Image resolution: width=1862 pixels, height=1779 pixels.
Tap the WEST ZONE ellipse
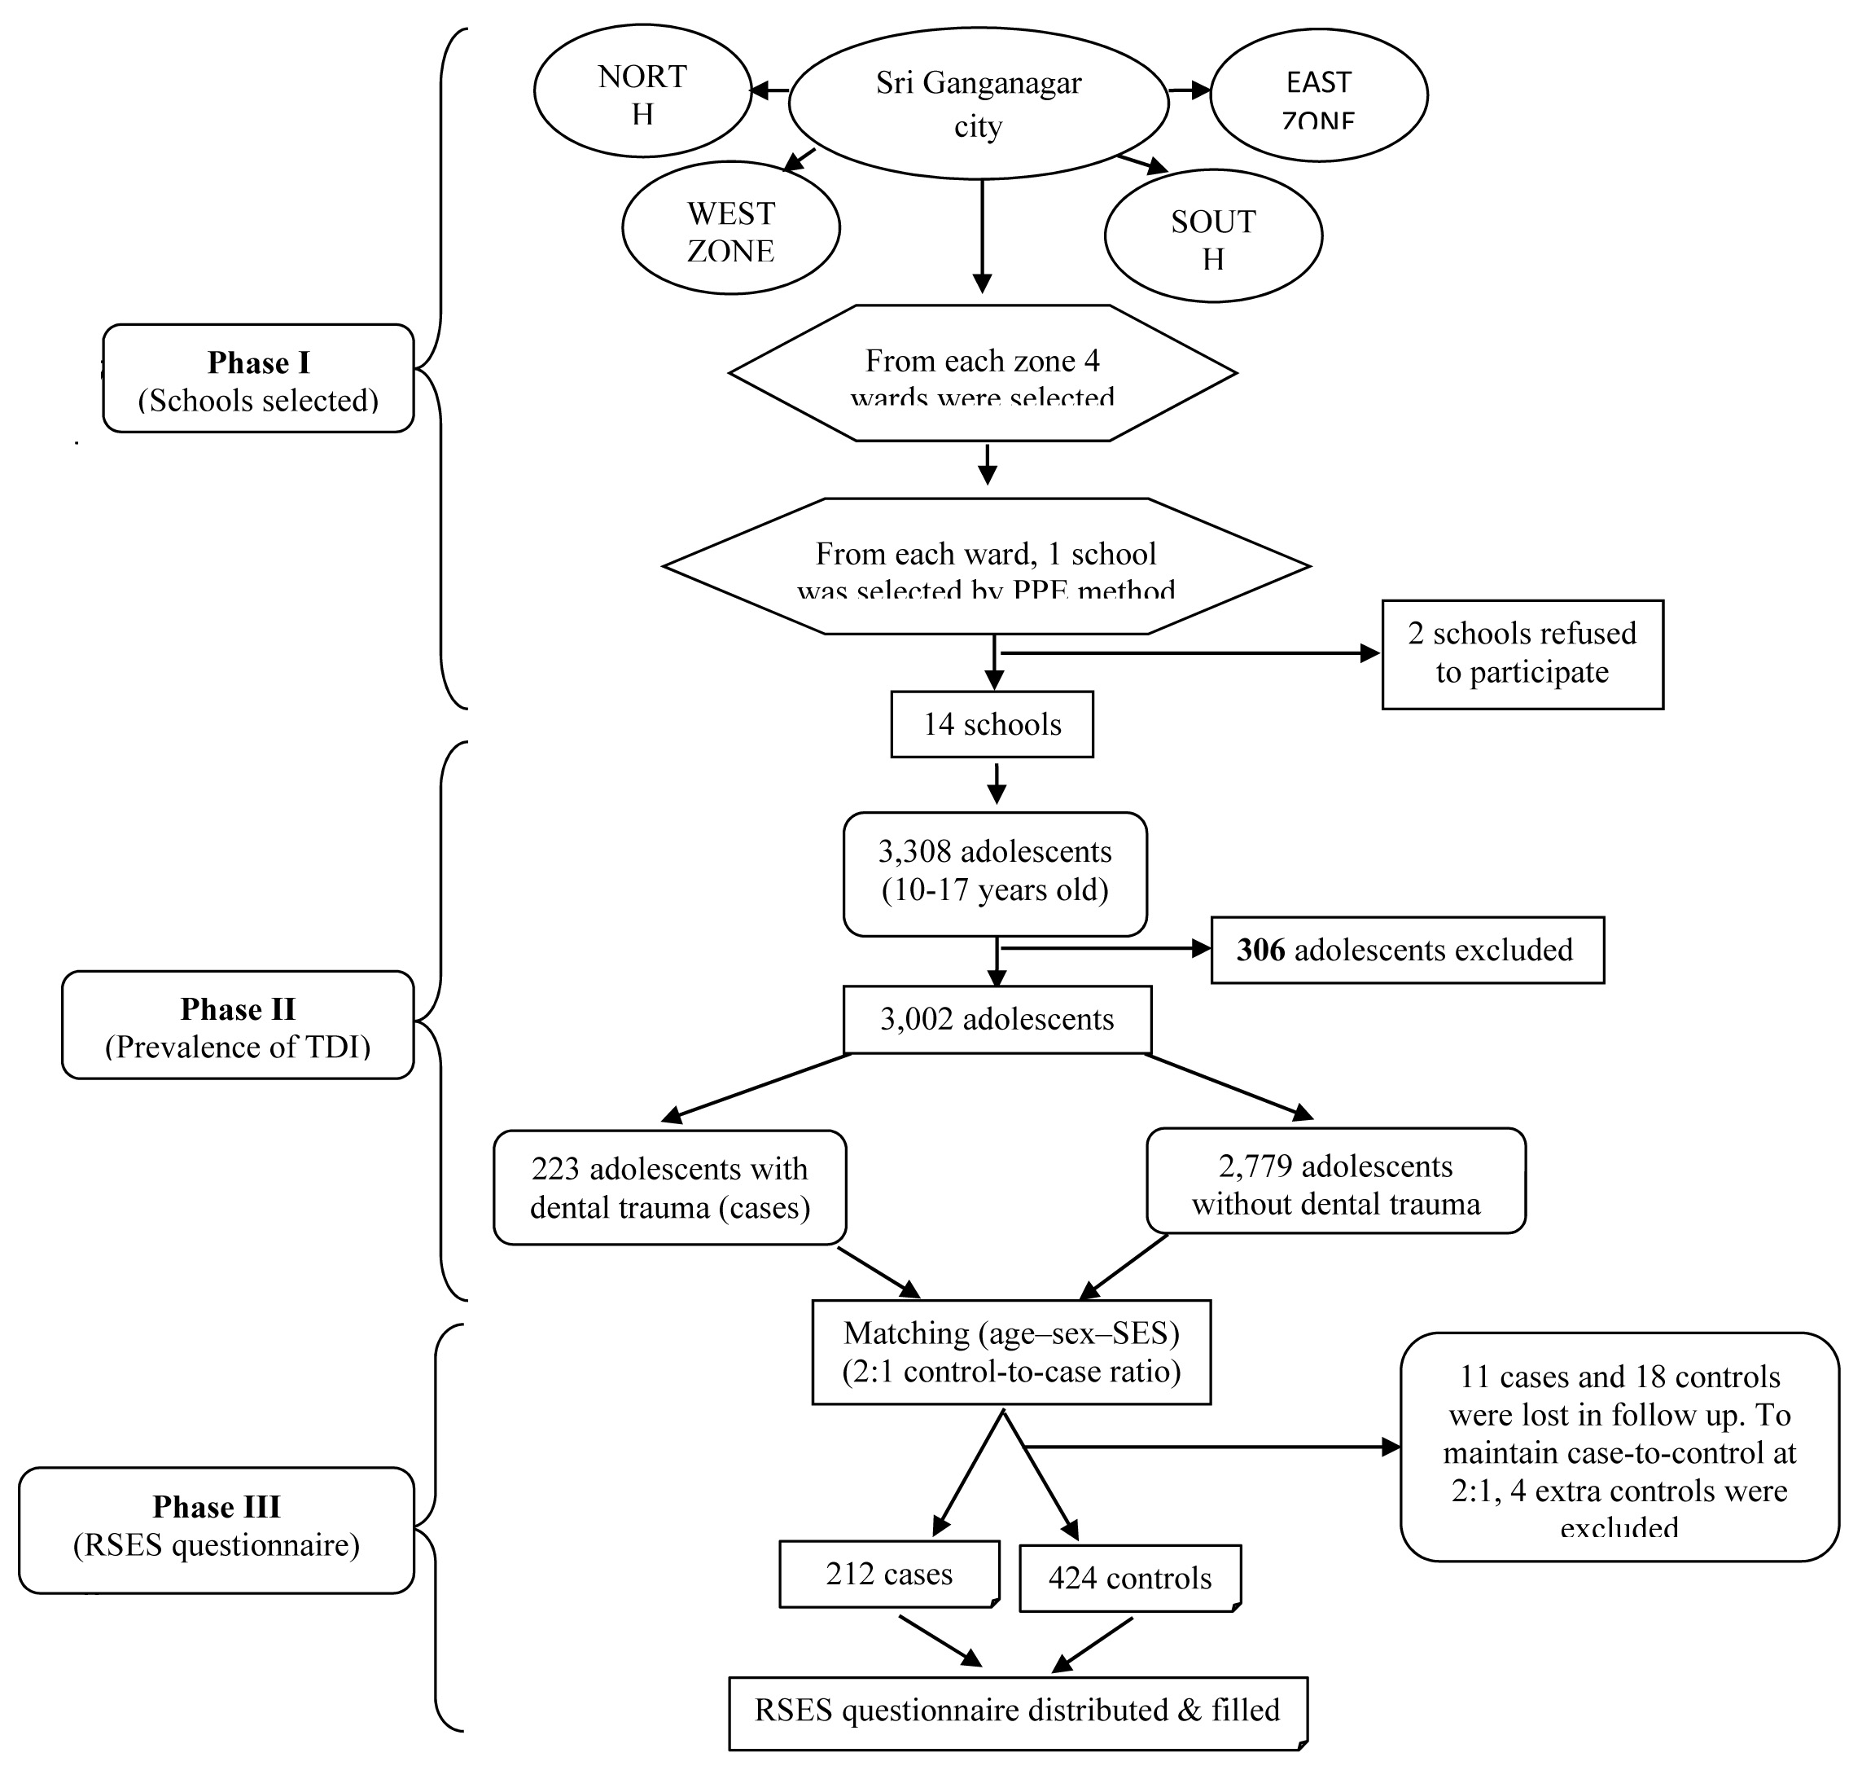click(730, 229)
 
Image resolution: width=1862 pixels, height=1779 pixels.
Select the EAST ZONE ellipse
click(1318, 94)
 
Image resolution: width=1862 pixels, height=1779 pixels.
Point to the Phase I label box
click(258, 380)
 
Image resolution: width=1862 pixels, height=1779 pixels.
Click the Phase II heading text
click(238, 1008)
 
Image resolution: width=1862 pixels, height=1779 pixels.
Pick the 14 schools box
click(992, 724)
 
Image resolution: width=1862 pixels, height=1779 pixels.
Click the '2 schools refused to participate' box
click(1522, 653)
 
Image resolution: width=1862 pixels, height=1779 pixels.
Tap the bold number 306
click(1260, 951)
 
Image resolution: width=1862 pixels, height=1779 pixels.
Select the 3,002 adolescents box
click(997, 1019)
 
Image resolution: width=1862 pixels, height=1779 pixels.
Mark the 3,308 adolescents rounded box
click(995, 872)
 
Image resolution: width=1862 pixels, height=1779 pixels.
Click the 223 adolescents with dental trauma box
click(669, 1188)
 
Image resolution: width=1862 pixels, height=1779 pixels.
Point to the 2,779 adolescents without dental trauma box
click(1335, 1184)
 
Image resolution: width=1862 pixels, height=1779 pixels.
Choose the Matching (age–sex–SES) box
click(1010, 1351)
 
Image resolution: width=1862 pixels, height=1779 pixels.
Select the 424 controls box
click(1129, 1578)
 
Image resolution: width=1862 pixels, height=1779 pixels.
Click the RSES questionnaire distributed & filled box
click(1017, 1710)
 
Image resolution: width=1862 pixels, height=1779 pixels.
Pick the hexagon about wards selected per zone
click(982, 374)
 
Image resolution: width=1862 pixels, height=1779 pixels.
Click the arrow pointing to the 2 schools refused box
click(1185, 653)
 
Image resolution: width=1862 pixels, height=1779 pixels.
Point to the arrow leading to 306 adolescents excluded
click(1105, 947)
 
